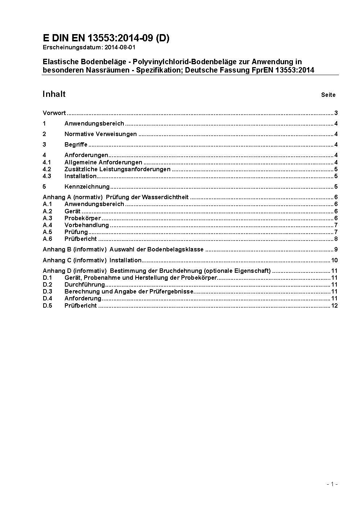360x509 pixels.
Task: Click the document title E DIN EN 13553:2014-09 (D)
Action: (x=106, y=38)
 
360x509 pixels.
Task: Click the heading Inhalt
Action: (x=54, y=94)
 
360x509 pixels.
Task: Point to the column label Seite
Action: (x=328, y=95)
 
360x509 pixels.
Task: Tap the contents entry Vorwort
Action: (x=54, y=113)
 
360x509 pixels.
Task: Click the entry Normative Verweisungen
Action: (x=101, y=134)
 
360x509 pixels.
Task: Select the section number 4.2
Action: (x=47, y=169)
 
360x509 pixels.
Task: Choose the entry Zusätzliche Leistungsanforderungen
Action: (x=117, y=169)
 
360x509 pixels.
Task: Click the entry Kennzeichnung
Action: (x=87, y=187)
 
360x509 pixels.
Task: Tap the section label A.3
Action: (x=48, y=218)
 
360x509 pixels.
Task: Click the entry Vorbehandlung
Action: (x=86, y=225)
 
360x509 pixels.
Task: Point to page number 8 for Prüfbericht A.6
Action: (x=336, y=239)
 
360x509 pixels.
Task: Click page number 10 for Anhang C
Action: (x=334, y=260)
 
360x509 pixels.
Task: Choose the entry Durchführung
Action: (x=85, y=285)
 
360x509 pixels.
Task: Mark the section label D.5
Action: (x=48, y=306)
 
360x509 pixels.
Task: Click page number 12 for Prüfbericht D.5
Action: (x=334, y=306)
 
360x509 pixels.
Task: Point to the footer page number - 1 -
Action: (x=332, y=484)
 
